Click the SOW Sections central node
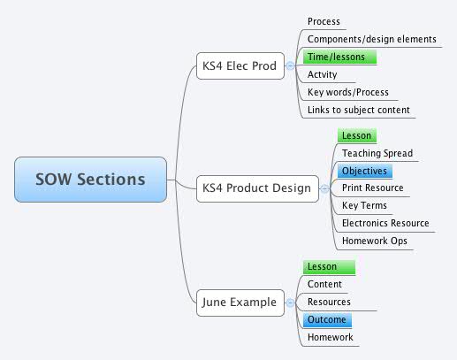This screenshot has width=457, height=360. point(90,180)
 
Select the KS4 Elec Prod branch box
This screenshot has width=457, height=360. point(239,65)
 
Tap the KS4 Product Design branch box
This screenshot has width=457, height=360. point(256,188)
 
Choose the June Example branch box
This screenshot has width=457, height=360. point(239,303)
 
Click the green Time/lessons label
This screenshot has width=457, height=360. point(339,57)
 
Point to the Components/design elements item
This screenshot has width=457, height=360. point(371,39)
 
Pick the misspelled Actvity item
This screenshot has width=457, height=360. point(323,74)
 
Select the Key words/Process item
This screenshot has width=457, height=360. point(347,92)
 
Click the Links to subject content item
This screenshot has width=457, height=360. point(358,110)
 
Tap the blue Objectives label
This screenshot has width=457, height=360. point(363,171)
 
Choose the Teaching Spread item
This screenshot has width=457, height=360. point(377,153)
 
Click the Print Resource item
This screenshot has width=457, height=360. point(372,188)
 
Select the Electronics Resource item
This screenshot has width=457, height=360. point(385,223)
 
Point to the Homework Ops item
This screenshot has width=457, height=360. point(374,241)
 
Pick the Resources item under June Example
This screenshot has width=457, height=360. point(329,302)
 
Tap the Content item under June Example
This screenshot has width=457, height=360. point(324,284)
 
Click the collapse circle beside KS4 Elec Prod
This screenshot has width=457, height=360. point(290,65)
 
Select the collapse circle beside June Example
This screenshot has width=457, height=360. point(290,303)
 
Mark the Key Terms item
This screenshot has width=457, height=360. point(363,205)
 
